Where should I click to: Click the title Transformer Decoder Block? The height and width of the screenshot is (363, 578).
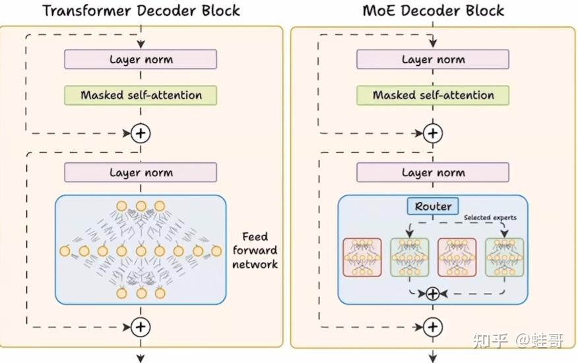pos(141,11)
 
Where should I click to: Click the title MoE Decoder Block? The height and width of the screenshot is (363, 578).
pos(433,11)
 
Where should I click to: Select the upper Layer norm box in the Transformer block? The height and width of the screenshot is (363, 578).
pos(141,59)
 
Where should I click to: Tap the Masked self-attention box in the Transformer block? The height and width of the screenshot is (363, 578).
pos(141,95)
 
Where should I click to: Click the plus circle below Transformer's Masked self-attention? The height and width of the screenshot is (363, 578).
pos(141,133)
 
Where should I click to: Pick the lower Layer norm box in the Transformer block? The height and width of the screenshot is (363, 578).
pos(141,173)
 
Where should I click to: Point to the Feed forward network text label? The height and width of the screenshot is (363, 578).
pos(255,250)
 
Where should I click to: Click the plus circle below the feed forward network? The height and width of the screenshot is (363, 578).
pos(141,326)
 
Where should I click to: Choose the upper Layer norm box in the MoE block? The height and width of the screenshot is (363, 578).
pos(433,59)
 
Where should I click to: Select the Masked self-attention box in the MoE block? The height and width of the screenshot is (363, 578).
pos(433,95)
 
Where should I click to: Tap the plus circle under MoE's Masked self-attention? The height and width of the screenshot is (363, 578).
pos(433,133)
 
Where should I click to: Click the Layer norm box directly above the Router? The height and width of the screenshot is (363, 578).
pos(433,173)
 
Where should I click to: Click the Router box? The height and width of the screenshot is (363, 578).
pos(433,207)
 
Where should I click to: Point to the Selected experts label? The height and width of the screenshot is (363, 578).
pos(490,218)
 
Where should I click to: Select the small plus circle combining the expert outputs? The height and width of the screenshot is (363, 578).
pos(433,294)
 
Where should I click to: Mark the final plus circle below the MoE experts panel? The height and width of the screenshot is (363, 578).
pos(433,326)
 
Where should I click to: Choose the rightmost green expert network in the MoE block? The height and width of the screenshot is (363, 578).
pos(504,257)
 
